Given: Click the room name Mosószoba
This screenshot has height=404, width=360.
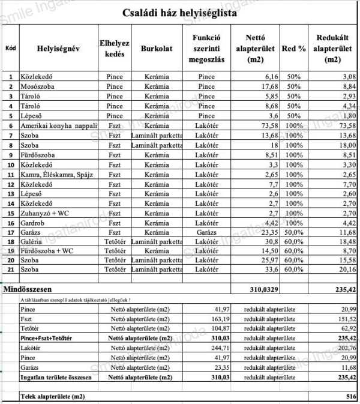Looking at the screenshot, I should coord(38,86).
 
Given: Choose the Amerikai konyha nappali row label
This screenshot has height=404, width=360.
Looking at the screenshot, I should coord(55,125).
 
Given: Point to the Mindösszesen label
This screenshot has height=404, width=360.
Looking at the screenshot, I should coord(29,289).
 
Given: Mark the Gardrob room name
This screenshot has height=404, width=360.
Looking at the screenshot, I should coord(34,222).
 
